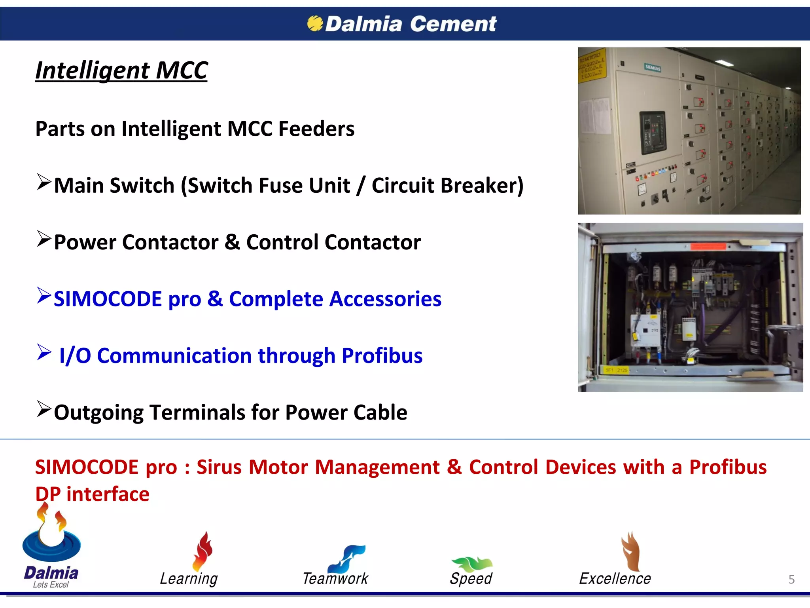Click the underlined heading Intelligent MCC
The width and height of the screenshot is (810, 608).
point(121,70)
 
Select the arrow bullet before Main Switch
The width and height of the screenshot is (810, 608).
point(44,182)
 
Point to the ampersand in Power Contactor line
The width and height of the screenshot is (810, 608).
point(232,242)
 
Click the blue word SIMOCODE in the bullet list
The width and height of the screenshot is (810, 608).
point(108,299)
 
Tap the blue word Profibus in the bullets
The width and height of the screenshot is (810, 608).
point(382,355)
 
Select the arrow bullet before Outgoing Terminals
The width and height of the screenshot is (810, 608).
point(44,409)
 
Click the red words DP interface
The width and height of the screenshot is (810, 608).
point(92,494)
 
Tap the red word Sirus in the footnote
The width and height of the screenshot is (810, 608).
point(219,467)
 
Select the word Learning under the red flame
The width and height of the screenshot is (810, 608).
point(189,579)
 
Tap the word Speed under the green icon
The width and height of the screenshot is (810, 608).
point(471,579)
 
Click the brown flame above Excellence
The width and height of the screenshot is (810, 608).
point(630,551)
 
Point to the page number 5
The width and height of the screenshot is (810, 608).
point(791,579)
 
